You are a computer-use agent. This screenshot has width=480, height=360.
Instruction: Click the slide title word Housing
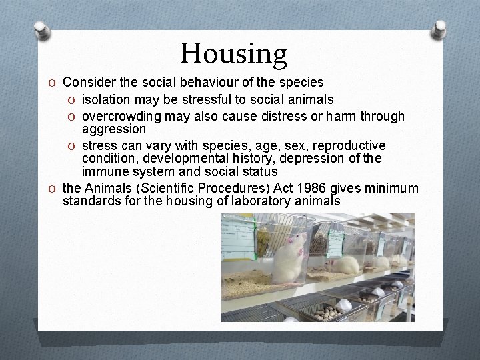click(x=233, y=54)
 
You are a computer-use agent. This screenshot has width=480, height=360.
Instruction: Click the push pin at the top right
click(x=439, y=29)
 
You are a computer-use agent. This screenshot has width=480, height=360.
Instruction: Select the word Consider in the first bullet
click(x=88, y=83)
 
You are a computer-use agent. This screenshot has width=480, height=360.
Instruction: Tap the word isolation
click(x=107, y=99)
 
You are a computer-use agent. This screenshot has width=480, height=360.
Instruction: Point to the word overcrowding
click(x=122, y=116)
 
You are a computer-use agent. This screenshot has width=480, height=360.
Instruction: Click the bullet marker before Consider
click(x=53, y=83)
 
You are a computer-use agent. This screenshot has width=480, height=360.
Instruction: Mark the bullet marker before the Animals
click(x=53, y=188)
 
